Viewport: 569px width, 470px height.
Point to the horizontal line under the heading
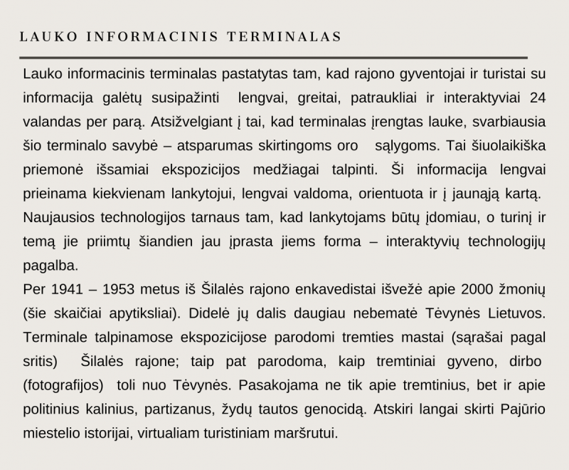(274, 57)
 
